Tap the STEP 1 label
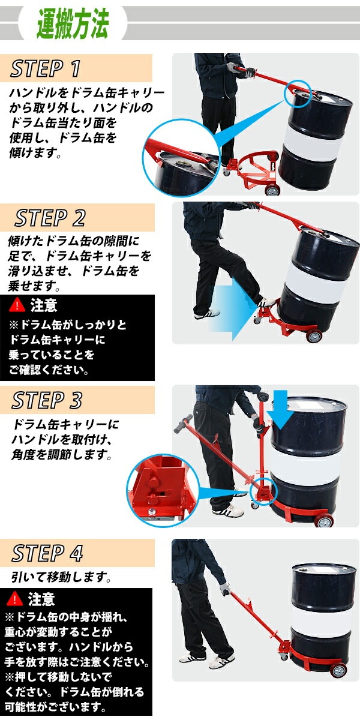click(x=46, y=69)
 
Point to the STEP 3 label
click(x=47, y=400)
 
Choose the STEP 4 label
click(x=47, y=553)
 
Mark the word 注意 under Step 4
click(x=41, y=599)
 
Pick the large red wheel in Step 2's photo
click(x=314, y=336)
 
